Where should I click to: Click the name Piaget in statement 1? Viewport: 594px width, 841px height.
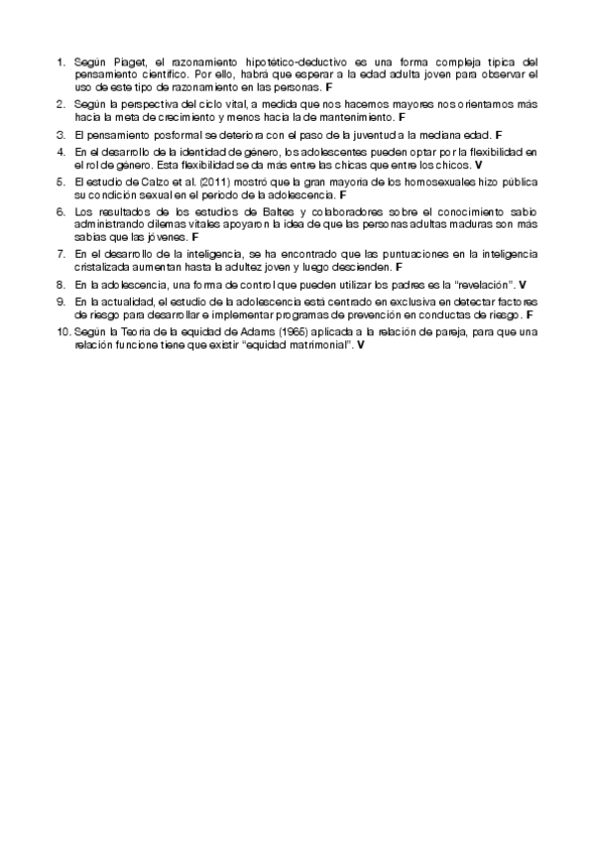coord(128,60)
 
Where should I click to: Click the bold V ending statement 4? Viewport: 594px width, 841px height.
coord(479,164)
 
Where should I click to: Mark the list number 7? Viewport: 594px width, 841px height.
coord(60,255)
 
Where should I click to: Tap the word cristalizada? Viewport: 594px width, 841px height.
coord(104,267)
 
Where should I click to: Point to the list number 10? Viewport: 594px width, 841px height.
coord(62,332)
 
